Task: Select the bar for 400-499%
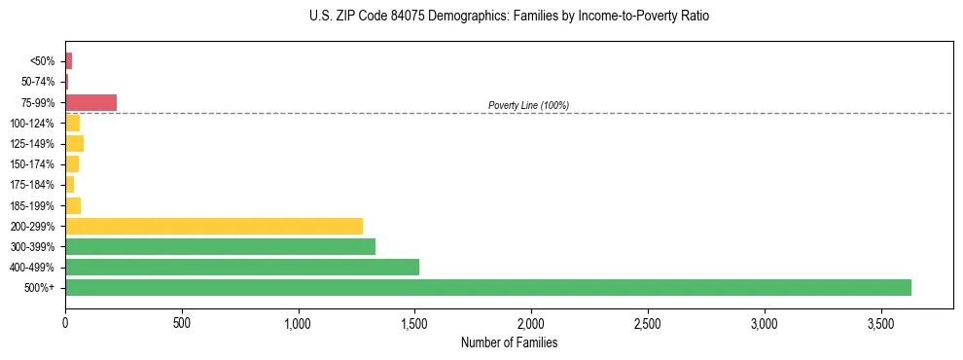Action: (x=242, y=267)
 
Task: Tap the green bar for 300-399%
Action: (x=220, y=246)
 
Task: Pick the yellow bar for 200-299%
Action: (x=214, y=226)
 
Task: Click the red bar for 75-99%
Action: (x=90, y=102)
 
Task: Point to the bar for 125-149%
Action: (x=74, y=144)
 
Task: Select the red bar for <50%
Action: (x=68, y=61)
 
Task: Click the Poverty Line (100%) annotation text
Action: (x=528, y=105)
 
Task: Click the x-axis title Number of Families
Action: (x=509, y=342)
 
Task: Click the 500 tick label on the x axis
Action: (x=182, y=321)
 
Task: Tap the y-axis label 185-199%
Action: (x=33, y=205)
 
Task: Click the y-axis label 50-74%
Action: (x=37, y=82)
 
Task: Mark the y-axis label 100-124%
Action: (x=33, y=124)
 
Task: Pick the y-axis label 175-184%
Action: (x=33, y=185)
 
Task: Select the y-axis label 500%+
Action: (x=40, y=288)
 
